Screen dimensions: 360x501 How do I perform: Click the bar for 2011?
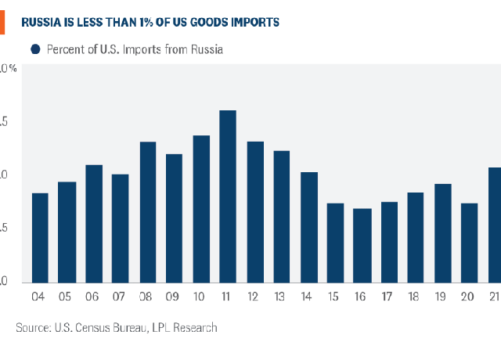228,196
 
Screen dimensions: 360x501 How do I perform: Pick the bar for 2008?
148,212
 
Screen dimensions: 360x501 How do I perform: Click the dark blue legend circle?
35,49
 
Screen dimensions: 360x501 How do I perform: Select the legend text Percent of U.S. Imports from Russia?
135,49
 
